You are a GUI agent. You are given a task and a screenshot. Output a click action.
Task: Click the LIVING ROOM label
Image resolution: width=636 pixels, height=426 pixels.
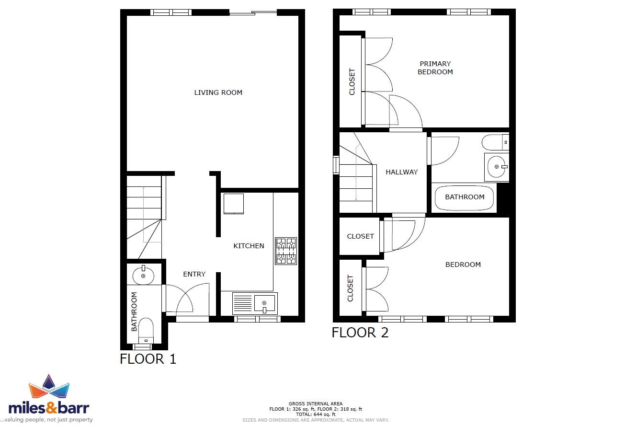point(218,92)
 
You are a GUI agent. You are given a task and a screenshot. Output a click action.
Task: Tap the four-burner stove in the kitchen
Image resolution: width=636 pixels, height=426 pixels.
point(286,251)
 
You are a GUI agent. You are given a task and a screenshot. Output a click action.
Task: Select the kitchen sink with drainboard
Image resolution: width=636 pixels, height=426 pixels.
point(255,303)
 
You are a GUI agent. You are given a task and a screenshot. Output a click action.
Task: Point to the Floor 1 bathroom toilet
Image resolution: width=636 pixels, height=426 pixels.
point(146,331)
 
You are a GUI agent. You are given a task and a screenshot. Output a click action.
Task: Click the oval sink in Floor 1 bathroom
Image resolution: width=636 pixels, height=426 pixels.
point(143,275)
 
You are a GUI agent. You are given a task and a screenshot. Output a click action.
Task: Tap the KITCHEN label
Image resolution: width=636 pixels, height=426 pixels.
point(249,246)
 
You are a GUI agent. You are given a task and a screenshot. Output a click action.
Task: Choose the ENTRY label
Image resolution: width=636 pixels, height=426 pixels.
point(194,274)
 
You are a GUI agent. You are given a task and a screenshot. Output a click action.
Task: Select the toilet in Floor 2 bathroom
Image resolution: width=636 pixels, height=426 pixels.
point(496,142)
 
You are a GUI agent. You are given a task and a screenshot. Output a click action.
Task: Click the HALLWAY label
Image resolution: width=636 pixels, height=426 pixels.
point(402,172)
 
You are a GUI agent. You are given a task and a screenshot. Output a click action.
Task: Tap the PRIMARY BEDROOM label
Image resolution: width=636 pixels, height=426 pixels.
point(435,68)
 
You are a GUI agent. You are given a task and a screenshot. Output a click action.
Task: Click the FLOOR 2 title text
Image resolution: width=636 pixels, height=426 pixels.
point(360,333)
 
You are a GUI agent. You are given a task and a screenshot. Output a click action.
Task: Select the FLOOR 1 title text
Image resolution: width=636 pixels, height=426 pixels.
point(148,359)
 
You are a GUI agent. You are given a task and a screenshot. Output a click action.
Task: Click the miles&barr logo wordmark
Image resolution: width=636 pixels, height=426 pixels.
point(49,408)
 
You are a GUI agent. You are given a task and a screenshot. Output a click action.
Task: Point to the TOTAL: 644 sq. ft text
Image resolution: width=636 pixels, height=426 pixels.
point(316,414)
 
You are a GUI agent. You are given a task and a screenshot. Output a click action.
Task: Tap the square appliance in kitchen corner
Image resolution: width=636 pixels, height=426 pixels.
point(234,204)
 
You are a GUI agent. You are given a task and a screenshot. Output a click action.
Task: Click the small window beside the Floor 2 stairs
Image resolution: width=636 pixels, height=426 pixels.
point(336,165)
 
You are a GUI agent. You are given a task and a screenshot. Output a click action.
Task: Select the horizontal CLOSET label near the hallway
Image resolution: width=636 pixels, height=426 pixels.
point(360,236)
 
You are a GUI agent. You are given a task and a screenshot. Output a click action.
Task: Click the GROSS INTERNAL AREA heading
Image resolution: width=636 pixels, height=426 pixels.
point(316,403)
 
